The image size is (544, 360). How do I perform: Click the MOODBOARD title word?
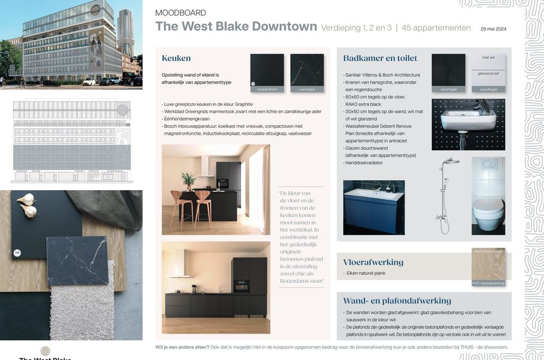click(x=180, y=13)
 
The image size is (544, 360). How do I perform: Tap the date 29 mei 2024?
click(x=493, y=28)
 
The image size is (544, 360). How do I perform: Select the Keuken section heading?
click(x=176, y=58)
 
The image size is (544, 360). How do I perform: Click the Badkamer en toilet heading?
click(x=380, y=58)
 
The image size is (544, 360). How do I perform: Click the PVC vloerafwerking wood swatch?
click(x=488, y=266)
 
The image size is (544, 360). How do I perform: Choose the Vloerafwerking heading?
click(x=373, y=262)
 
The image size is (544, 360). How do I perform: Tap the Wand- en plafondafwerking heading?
click(x=397, y=301)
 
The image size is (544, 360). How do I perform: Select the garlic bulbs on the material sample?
click(x=27, y=205)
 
